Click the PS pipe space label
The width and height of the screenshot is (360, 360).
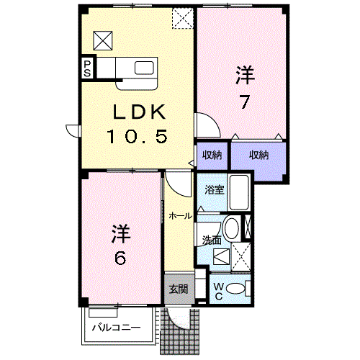click(x=87, y=68)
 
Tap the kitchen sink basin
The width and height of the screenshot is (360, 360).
click(x=144, y=68)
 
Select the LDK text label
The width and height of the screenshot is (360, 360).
click(x=139, y=112)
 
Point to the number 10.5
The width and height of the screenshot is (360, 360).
click(x=138, y=136)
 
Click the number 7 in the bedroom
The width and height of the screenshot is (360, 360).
click(x=244, y=102)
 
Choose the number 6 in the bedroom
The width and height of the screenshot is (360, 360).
click(x=120, y=258)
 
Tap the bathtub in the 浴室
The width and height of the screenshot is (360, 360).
click(x=239, y=192)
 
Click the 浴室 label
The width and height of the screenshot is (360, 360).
click(x=215, y=190)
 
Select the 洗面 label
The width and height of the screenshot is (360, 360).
click(x=212, y=240)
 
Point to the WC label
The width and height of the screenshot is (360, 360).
click(x=219, y=292)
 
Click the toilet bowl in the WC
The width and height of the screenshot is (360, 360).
click(x=235, y=288)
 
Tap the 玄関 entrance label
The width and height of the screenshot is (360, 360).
click(x=179, y=289)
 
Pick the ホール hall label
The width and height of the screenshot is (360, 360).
click(x=181, y=216)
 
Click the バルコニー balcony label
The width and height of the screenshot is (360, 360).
click(x=117, y=328)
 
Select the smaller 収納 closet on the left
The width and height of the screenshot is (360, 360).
click(x=212, y=156)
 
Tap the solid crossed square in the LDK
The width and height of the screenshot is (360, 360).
click(x=103, y=40)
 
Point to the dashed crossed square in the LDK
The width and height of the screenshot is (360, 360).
click(x=183, y=18)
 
